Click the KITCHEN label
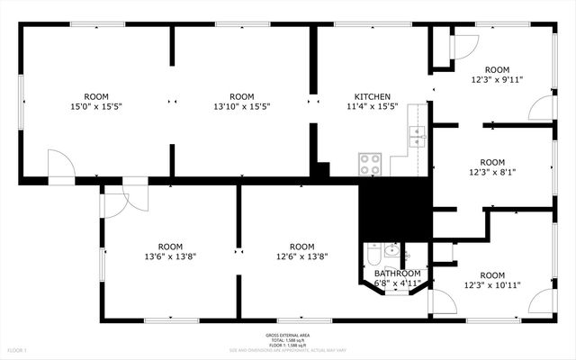click(x=372, y=96)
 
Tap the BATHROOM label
click(x=397, y=274)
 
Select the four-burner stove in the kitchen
click(x=370, y=164)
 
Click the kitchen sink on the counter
click(x=416, y=136)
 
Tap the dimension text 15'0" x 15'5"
click(x=96, y=107)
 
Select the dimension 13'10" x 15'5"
click(x=241, y=107)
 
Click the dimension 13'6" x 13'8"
click(x=170, y=256)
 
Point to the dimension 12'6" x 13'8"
click(x=301, y=256)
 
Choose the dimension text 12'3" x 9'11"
click(x=497, y=80)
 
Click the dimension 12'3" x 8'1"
click(x=492, y=172)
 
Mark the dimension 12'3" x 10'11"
click(x=492, y=286)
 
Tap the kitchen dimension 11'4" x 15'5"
click(x=372, y=107)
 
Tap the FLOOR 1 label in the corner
click(x=19, y=349)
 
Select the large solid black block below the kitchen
click(x=394, y=208)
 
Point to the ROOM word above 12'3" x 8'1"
click(x=492, y=161)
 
